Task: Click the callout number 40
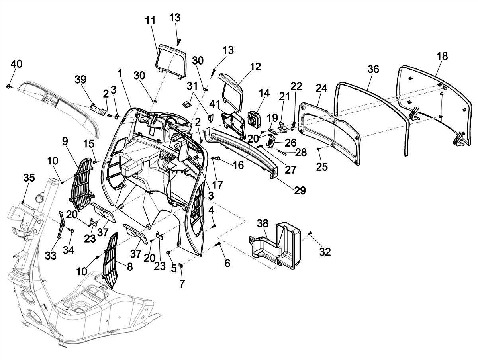point(16,64)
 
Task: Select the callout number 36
point(373,69)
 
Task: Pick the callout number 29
point(300,190)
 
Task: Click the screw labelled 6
point(218,243)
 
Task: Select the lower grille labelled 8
point(110,259)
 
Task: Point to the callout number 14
point(264,93)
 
